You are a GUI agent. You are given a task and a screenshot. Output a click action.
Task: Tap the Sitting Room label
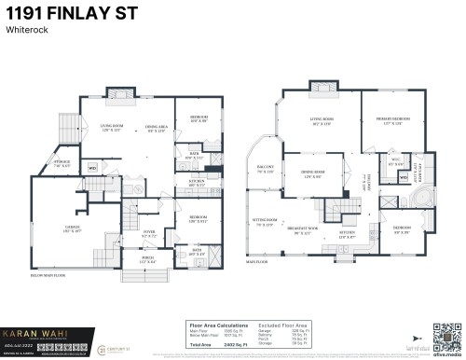(x=264, y=222)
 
